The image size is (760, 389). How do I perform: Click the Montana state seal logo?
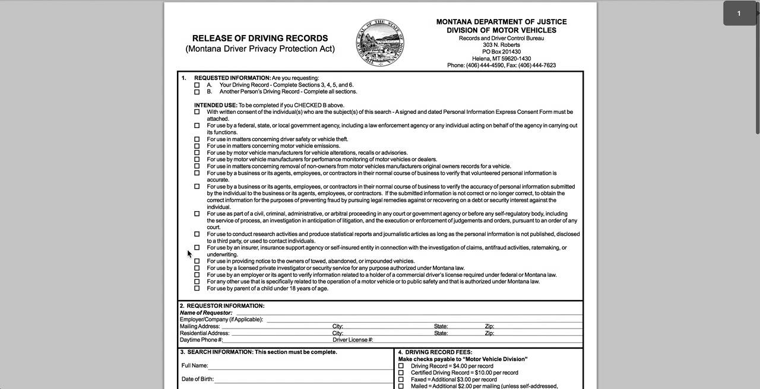click(x=380, y=42)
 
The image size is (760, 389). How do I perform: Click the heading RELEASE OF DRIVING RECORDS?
click(x=260, y=38)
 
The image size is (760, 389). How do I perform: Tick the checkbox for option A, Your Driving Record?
click(x=197, y=85)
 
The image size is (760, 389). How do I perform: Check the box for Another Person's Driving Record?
click(x=197, y=92)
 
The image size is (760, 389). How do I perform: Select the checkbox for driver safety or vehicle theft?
click(x=197, y=139)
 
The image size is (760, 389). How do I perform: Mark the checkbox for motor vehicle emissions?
click(x=197, y=146)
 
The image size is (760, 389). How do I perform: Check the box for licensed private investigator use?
click(x=197, y=268)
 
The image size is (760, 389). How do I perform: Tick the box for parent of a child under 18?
click(x=197, y=289)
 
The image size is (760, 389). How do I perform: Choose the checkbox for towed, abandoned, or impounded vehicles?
click(x=197, y=261)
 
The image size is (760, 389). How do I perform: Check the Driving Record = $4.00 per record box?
click(x=401, y=366)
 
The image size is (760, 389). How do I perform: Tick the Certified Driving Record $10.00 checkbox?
click(x=401, y=373)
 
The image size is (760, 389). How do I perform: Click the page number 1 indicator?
click(x=739, y=14)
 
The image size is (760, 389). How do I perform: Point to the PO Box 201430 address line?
click(x=501, y=52)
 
